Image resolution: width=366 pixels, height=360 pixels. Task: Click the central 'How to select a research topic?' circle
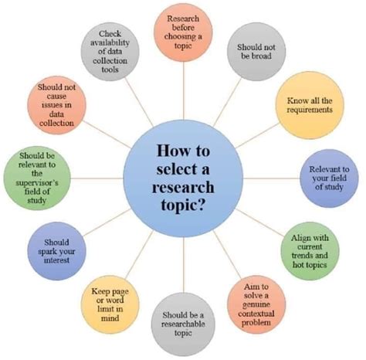[x=183, y=178]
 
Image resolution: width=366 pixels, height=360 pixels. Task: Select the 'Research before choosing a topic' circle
[x=183, y=32]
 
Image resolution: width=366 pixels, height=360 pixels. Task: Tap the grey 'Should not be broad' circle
[x=256, y=52]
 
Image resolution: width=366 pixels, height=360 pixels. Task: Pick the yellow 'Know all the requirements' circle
[x=310, y=105]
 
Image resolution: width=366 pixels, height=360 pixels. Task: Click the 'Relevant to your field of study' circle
[x=329, y=178]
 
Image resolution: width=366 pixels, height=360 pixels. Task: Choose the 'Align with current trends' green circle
[x=310, y=251]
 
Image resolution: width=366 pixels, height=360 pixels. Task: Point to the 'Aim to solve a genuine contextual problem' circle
[x=256, y=304]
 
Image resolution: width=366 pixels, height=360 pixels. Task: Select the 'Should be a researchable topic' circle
[x=183, y=324]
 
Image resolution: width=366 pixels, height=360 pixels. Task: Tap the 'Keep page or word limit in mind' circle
[x=110, y=304]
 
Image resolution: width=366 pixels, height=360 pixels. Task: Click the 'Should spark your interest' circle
[x=56, y=251]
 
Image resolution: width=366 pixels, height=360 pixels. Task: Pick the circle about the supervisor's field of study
[x=37, y=178]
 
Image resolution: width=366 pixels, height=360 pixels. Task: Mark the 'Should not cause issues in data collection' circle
[x=56, y=105]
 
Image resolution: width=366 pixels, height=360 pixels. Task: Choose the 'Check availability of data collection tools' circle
[x=110, y=52]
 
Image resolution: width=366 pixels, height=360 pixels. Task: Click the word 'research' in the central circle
[x=183, y=187]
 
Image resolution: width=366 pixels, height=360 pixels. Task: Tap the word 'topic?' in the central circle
[x=183, y=205]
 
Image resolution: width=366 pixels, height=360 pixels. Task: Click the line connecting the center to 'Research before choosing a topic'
[x=184, y=90]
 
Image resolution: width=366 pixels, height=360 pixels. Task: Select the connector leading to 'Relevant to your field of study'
[x=272, y=178]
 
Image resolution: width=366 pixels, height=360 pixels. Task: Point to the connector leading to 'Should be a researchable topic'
[x=184, y=265]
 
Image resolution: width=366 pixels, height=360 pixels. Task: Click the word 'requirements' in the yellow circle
[x=310, y=110]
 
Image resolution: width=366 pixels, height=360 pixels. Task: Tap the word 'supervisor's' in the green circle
[x=37, y=183]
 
